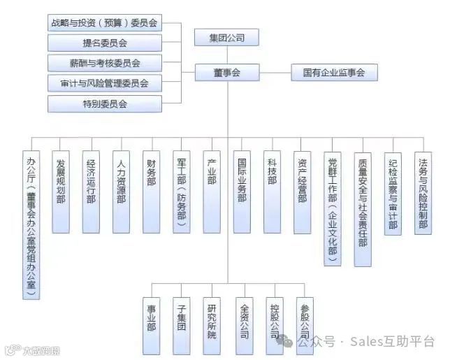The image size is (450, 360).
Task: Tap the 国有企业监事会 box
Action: pos(334,72)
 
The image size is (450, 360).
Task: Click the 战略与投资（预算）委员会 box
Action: pos(104,22)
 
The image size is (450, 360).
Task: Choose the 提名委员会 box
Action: pos(104,43)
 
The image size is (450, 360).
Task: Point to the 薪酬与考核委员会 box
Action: pos(104,63)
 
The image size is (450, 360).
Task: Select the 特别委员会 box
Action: pos(104,104)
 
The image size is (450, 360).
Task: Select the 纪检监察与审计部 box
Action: pos(393,192)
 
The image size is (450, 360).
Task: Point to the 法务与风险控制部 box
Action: pos(423,192)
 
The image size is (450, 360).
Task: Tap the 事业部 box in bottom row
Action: pos(152,318)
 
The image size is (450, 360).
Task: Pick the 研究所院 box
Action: pos(212,318)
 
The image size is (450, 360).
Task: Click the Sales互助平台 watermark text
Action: pos(392,342)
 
